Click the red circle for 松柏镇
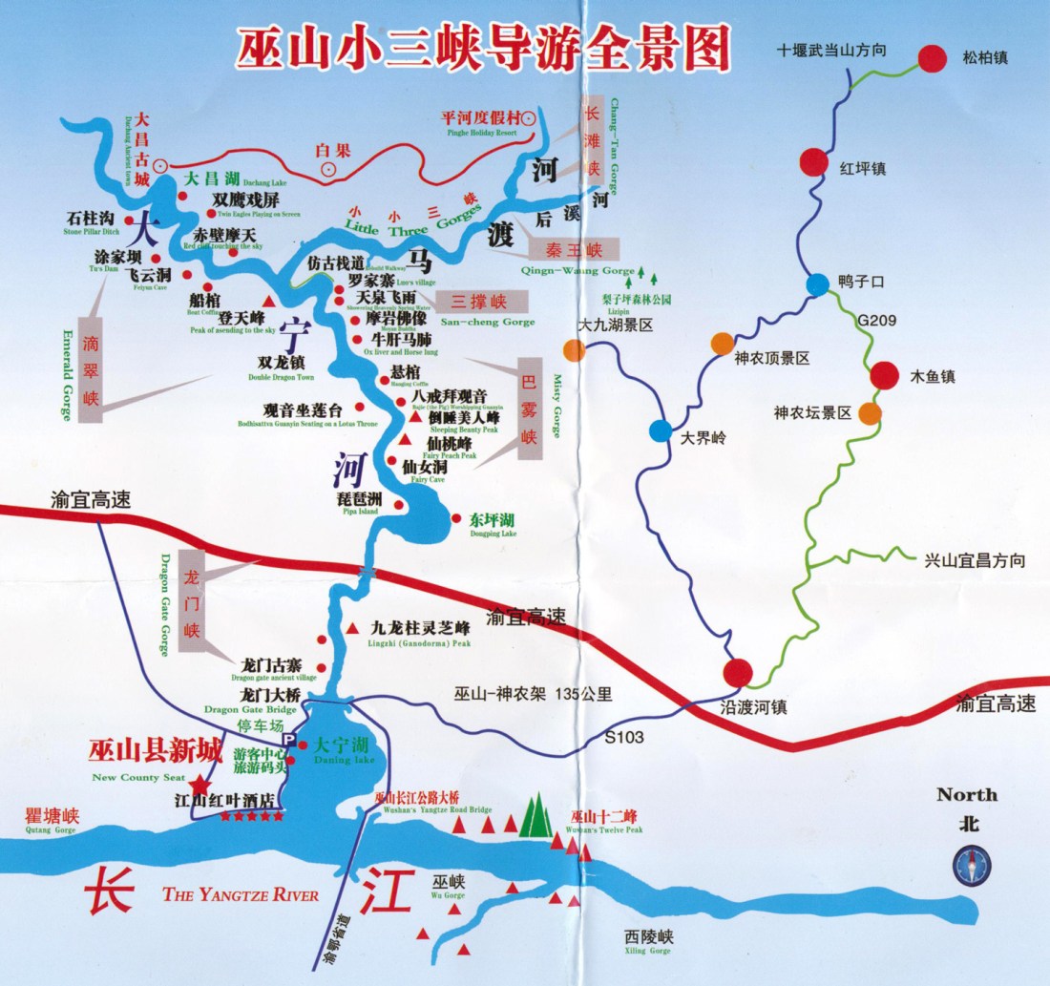(x=933, y=58)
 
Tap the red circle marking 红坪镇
(x=814, y=162)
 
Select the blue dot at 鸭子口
(x=818, y=284)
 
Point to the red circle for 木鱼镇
(x=885, y=375)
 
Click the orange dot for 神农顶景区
(x=723, y=344)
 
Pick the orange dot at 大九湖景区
(x=574, y=350)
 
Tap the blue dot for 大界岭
(x=661, y=430)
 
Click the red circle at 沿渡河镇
(x=737, y=673)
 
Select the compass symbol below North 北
(x=972, y=866)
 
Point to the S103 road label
(x=624, y=737)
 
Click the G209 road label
(x=876, y=321)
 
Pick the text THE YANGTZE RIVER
(x=241, y=894)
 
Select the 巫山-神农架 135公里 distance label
(x=534, y=694)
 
